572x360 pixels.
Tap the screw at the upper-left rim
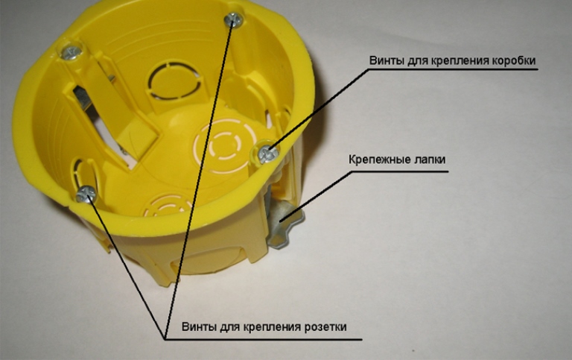[71, 52]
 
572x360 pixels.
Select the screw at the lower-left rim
[86, 194]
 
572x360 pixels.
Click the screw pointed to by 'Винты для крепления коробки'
[267, 154]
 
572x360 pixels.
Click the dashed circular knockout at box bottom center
[225, 145]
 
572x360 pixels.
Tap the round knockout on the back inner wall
[176, 81]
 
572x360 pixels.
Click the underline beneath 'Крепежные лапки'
[400, 171]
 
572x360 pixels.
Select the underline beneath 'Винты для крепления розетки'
[264, 339]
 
